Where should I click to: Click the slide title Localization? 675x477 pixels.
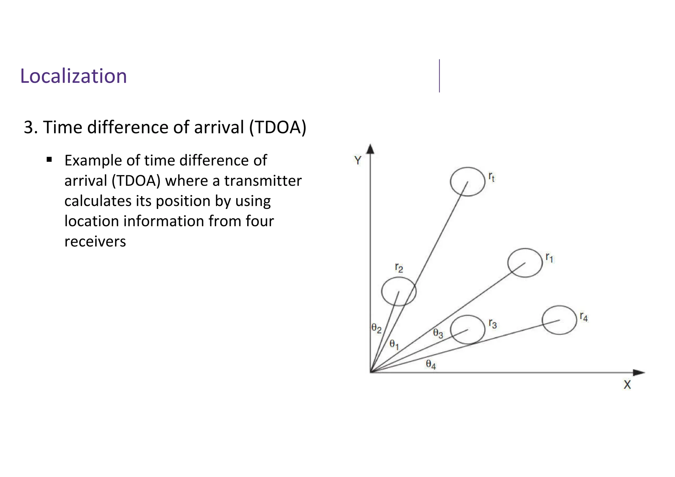(73, 76)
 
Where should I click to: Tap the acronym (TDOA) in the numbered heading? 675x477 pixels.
(278, 127)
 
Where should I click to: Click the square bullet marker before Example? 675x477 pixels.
(49, 160)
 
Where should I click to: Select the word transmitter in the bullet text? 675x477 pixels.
(263, 181)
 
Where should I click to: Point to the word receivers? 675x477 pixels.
(95, 241)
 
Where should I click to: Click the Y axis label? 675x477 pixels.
(358, 161)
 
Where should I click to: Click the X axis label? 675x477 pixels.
(627, 385)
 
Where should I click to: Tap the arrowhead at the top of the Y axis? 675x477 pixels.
(370, 149)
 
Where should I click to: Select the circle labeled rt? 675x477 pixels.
(467, 182)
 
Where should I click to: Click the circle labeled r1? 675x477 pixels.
(525, 263)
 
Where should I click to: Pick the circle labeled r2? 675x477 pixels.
(399, 291)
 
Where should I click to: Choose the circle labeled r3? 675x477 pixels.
(467, 330)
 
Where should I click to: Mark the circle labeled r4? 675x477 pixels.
(559, 320)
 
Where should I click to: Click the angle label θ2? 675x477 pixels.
(376, 328)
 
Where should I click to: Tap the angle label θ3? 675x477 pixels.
(438, 333)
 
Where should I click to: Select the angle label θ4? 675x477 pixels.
(431, 364)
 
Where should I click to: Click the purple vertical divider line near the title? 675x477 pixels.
(439, 76)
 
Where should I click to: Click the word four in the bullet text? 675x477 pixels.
(260, 221)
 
